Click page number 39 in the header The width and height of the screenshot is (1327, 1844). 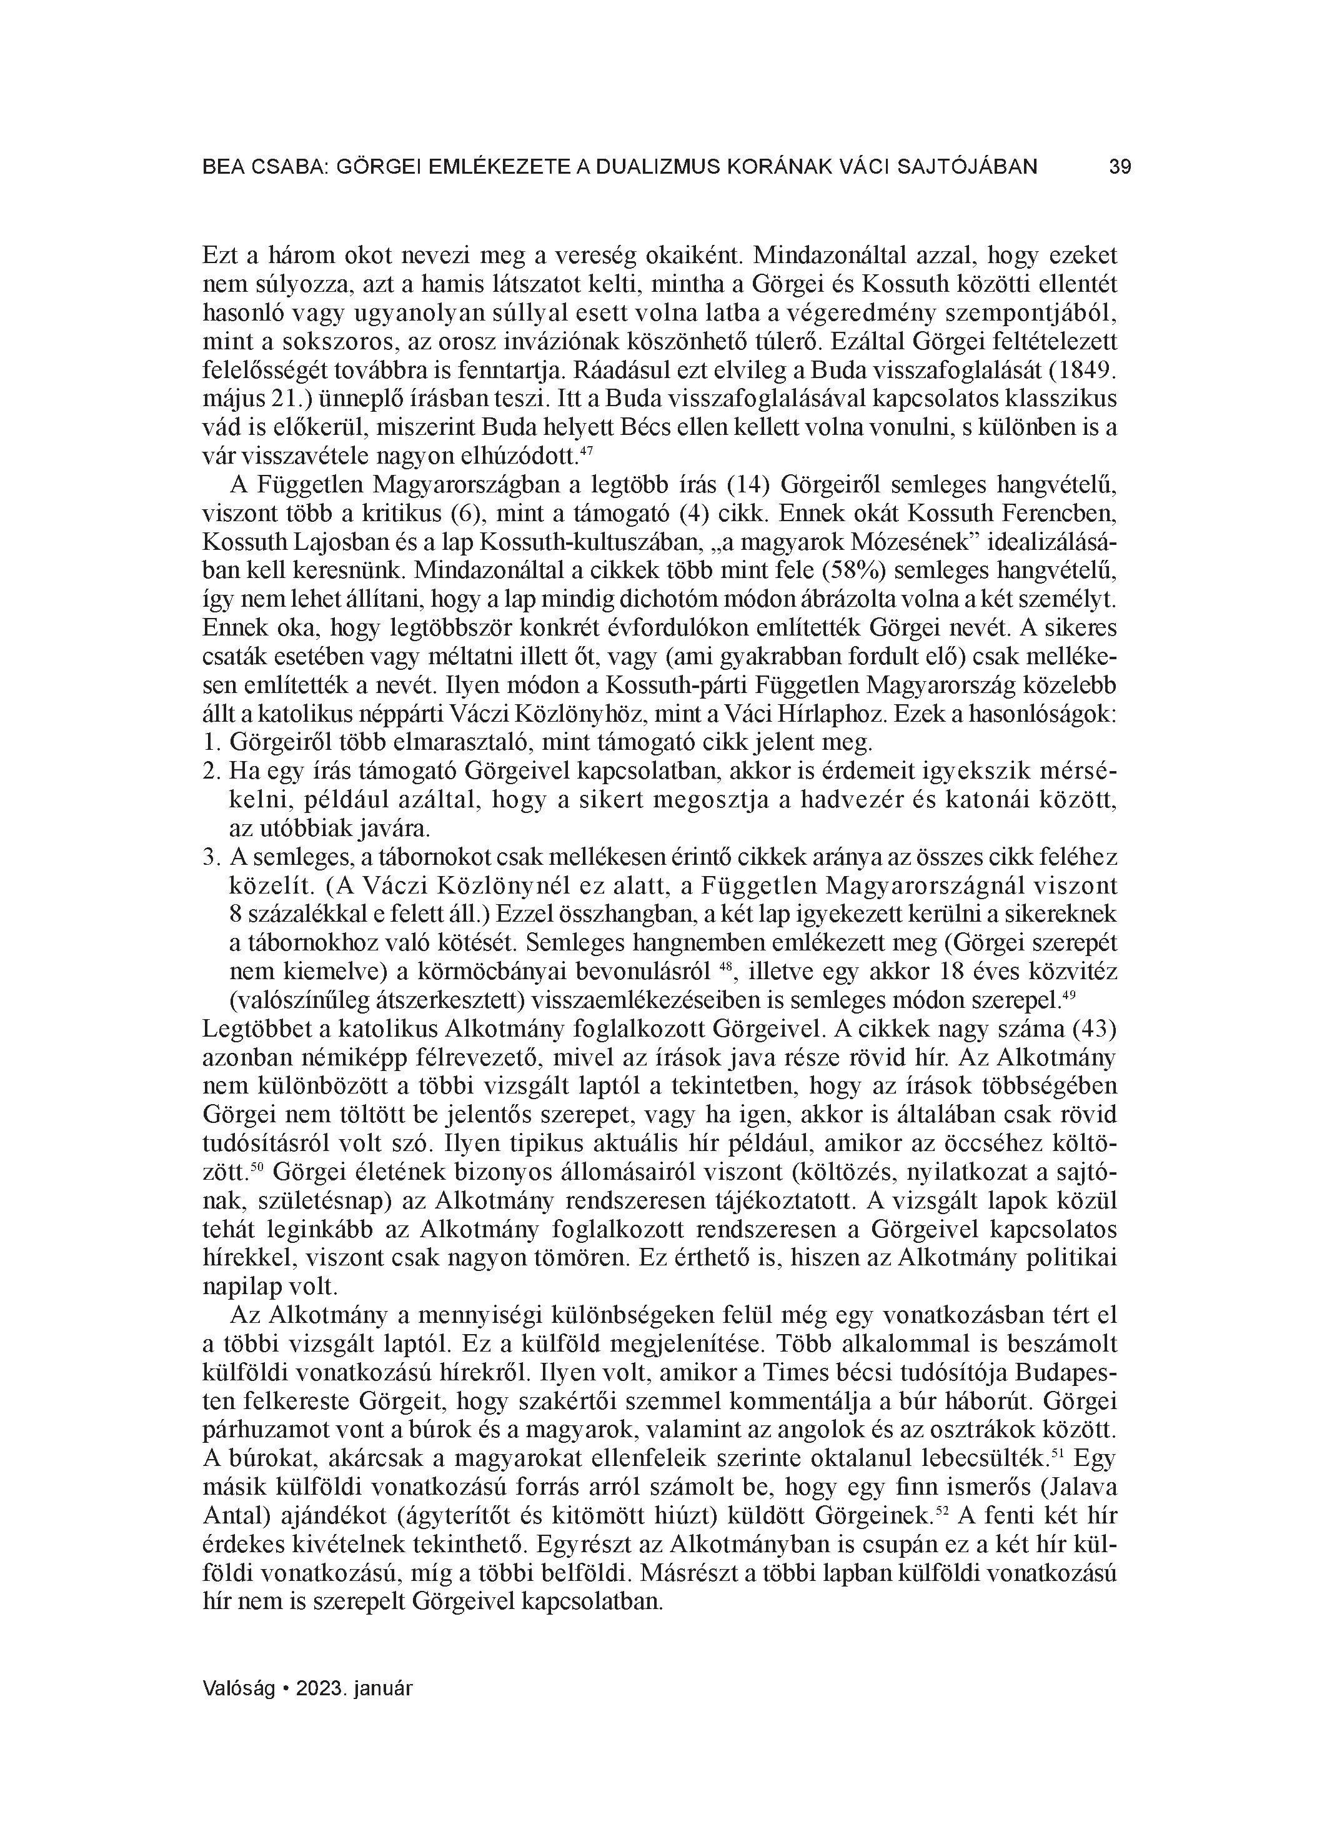pos(1120,167)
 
